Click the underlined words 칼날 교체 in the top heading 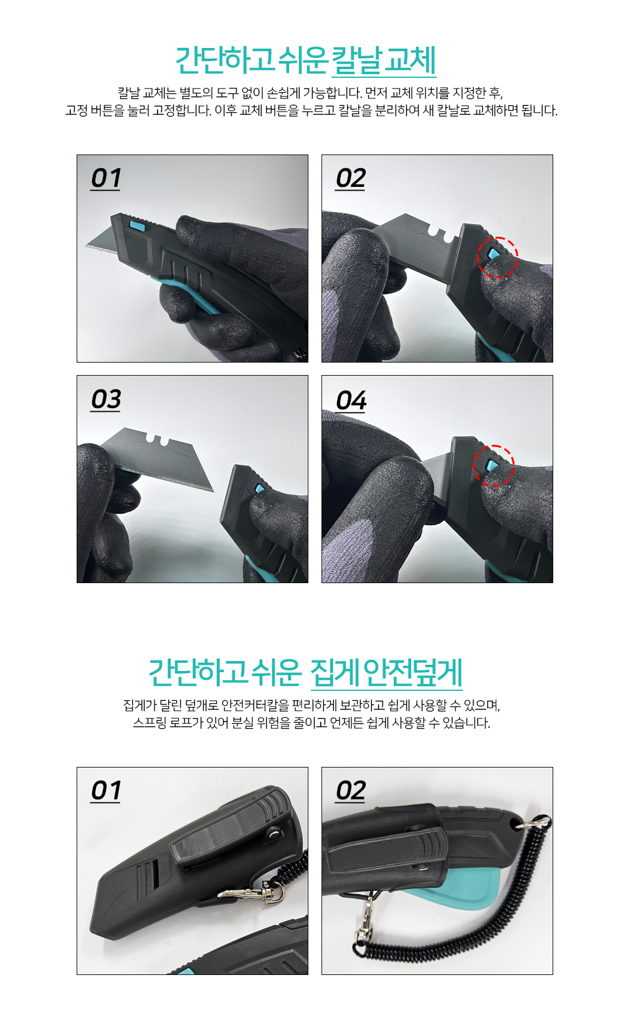pyautogui.click(x=384, y=60)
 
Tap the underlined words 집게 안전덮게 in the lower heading pyautogui.click(x=386, y=672)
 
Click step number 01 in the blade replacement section pyautogui.click(x=106, y=179)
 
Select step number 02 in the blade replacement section pyautogui.click(x=350, y=179)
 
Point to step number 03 pyautogui.click(x=106, y=400)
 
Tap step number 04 pyautogui.click(x=351, y=401)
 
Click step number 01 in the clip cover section pyautogui.click(x=106, y=791)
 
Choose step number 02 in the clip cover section pyautogui.click(x=350, y=791)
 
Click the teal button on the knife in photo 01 pyautogui.click(x=136, y=225)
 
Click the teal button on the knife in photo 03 pyautogui.click(x=260, y=488)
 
